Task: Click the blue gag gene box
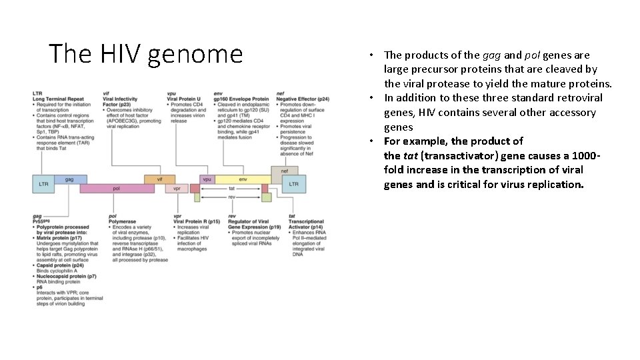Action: coord(70,179)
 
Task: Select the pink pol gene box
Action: coord(117,189)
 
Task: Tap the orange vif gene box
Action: coord(160,179)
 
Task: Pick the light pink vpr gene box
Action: coord(177,189)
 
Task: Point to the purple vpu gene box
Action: coord(208,179)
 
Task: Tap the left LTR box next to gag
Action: coord(43,183)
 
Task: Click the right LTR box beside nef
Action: coord(293,183)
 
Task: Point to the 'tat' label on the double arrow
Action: coord(231,189)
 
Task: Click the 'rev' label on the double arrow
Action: coord(231,197)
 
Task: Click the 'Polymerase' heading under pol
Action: coord(122,221)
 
